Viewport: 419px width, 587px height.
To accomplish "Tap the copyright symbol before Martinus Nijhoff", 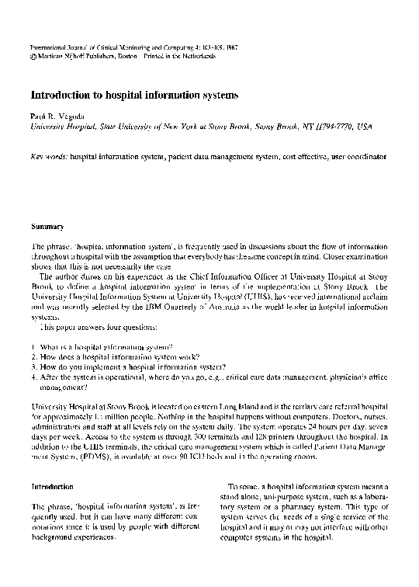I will [x=33, y=57].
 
